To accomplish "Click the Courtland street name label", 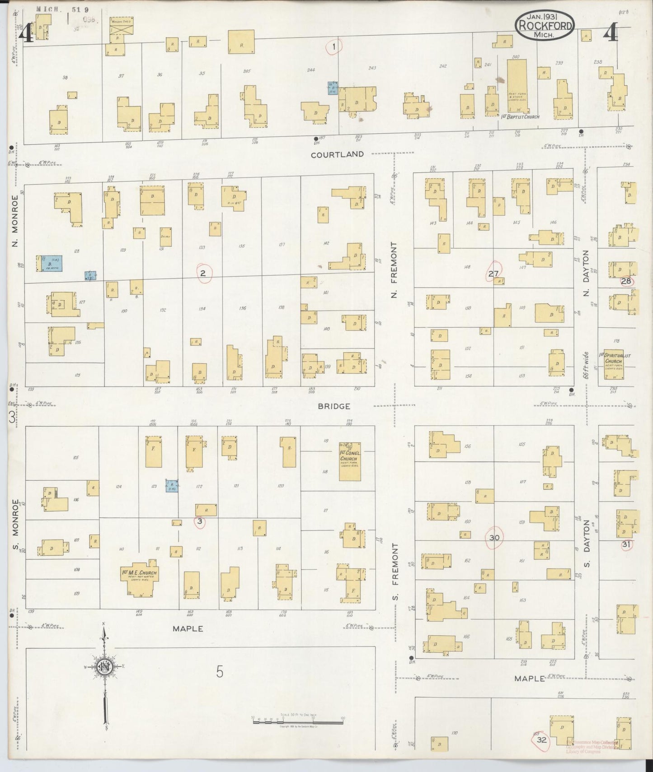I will point(337,154).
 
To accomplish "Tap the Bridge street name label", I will point(334,406).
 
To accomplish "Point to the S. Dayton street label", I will point(587,544).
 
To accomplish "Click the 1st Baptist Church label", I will point(520,117).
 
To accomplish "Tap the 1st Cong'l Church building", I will point(350,461).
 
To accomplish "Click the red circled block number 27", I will point(493,273).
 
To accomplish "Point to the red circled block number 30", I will point(494,538).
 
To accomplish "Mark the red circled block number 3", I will point(200,521).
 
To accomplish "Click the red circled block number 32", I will point(542,740).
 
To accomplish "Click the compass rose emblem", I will point(104,667).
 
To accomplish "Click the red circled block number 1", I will point(334,47).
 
